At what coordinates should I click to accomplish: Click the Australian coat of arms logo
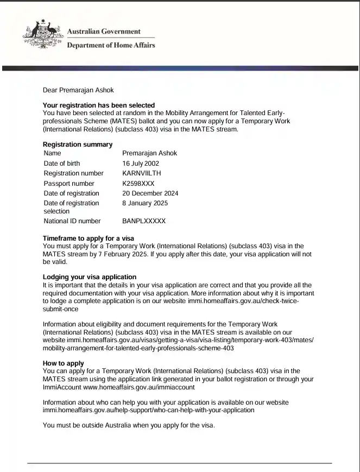43,35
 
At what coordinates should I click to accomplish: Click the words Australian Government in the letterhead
103,32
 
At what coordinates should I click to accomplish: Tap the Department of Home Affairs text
111,45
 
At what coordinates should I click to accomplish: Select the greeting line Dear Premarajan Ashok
78,90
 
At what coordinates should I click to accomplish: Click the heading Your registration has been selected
98,105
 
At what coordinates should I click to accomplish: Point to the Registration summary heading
78,144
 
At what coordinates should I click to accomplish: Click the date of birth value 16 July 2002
141,163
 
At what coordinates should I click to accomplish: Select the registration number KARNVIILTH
142,173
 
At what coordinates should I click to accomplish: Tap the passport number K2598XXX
138,184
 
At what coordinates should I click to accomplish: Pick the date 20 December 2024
150,193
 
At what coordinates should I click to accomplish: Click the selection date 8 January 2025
145,203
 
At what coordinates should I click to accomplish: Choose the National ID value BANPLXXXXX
144,221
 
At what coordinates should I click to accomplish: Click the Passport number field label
69,184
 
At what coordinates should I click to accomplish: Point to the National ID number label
72,221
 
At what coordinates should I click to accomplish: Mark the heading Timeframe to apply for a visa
88,238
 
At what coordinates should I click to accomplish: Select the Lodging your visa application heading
90,277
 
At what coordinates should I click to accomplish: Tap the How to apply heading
63,363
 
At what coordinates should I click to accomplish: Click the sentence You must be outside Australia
129,425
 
